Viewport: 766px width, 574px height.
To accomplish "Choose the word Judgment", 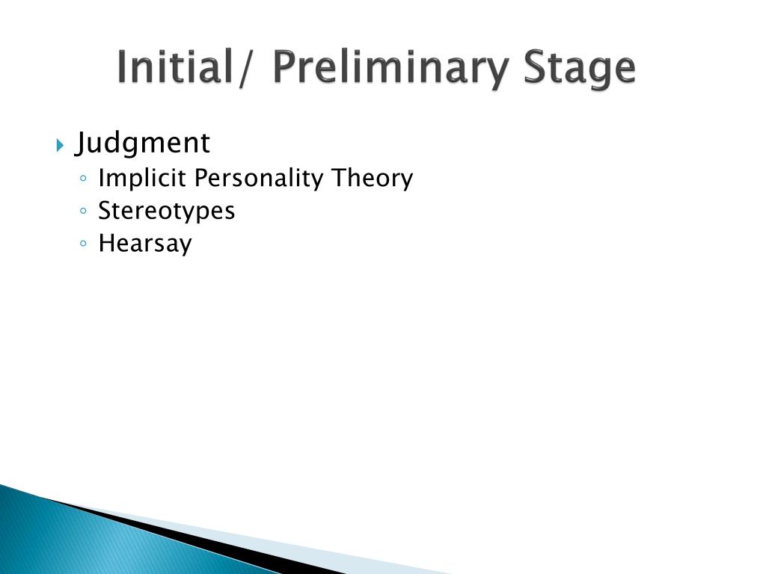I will coord(142,143).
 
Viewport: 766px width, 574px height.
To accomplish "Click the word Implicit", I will coord(143,179).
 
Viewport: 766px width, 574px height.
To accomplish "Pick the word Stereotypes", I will coord(166,212).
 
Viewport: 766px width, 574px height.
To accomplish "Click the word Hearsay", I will coord(145,244).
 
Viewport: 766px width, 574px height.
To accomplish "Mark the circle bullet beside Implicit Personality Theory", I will coord(84,179).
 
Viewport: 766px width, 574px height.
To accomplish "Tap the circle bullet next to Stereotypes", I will coord(84,212).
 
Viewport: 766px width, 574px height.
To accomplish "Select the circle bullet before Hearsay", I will coord(84,244).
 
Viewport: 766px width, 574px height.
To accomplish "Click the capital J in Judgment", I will coord(81,143).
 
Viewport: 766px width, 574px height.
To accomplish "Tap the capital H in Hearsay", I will coord(105,244).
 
